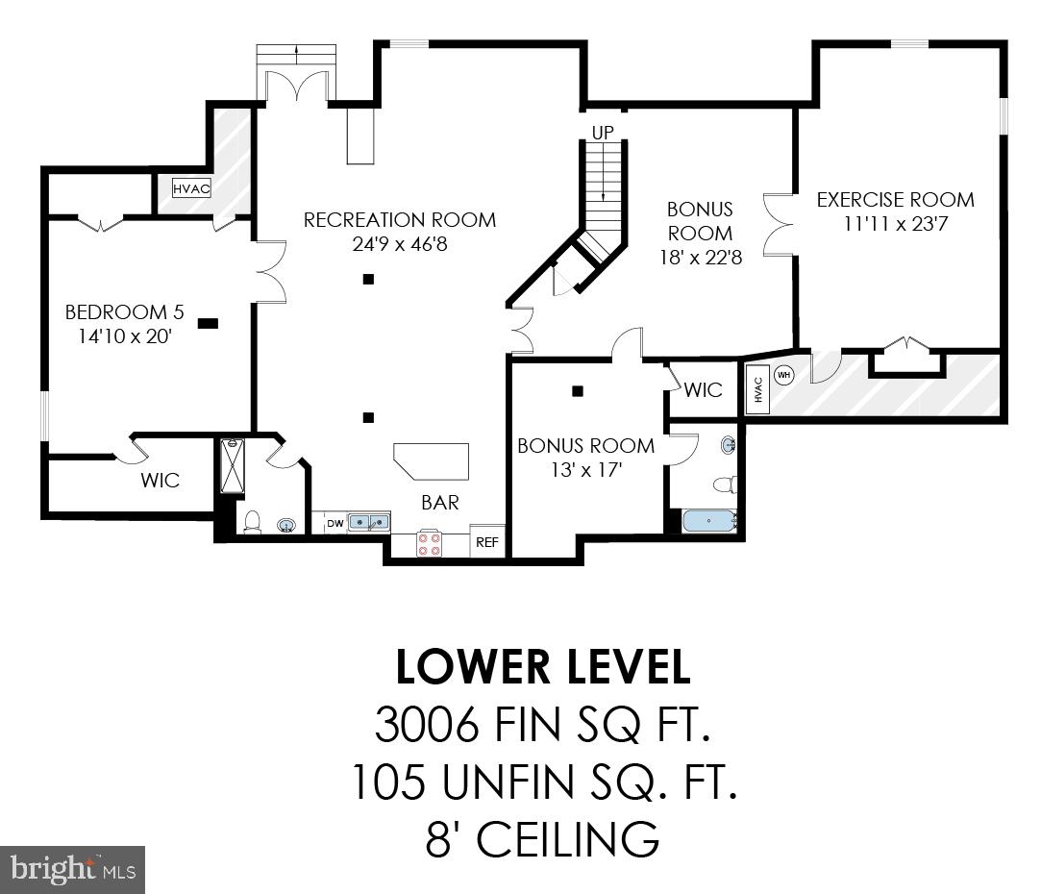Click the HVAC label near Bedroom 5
point(191,188)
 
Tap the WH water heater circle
point(783,375)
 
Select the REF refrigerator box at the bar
point(487,542)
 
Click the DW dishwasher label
point(335,523)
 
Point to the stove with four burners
point(430,544)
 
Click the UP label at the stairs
point(603,132)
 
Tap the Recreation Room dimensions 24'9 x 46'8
point(400,244)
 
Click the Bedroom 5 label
point(124,312)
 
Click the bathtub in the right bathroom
point(708,521)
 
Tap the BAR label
point(439,502)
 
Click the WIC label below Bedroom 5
point(160,480)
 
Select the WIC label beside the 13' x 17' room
point(703,390)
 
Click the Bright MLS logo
point(72,870)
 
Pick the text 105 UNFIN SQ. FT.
point(543,782)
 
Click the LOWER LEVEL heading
point(543,668)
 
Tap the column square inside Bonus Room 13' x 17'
point(578,391)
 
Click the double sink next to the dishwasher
point(369,522)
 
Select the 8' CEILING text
point(543,839)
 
